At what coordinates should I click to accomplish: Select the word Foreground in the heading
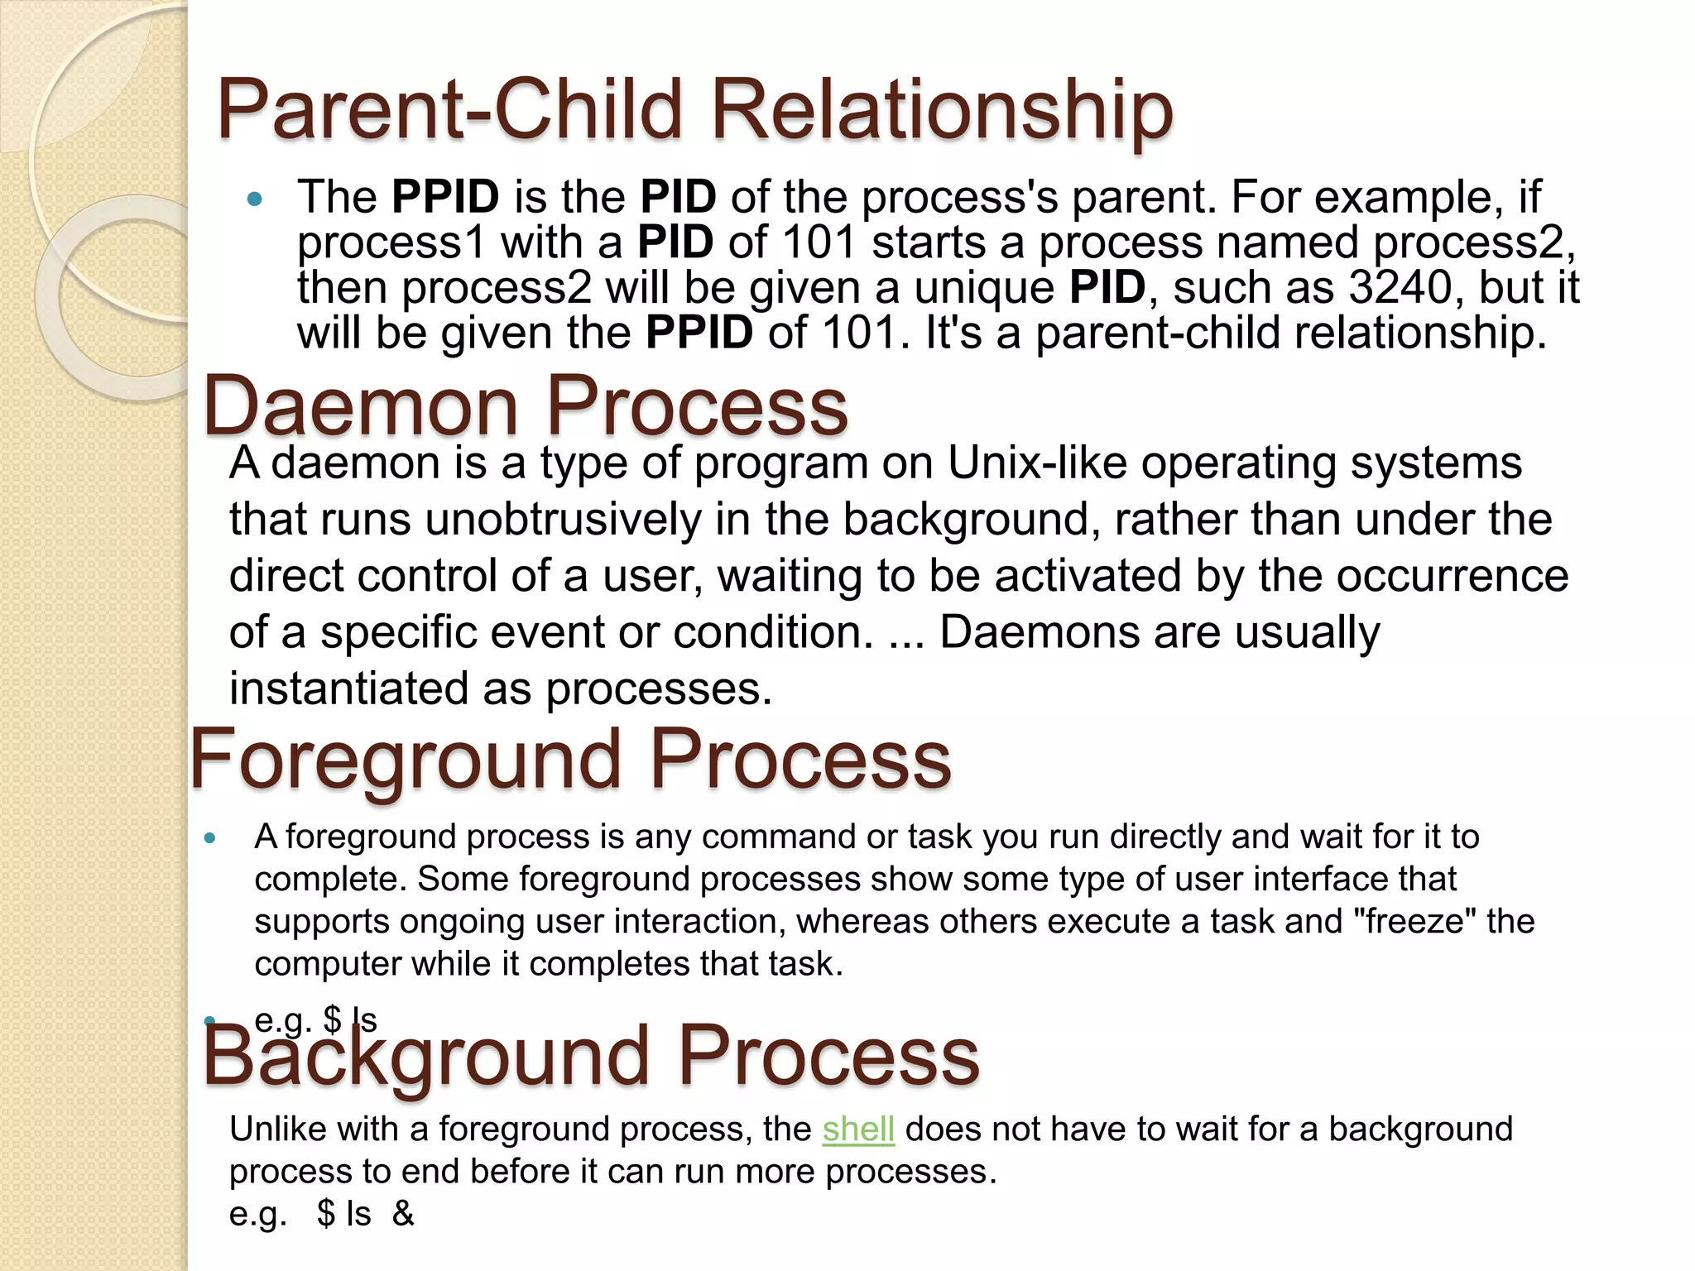click(x=406, y=760)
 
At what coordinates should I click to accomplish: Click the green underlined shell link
click(x=858, y=1129)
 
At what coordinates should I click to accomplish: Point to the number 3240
click(x=1400, y=287)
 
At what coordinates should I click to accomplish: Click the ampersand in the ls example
click(x=403, y=1213)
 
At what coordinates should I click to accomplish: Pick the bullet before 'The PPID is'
click(x=254, y=199)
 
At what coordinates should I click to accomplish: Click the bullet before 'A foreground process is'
click(x=209, y=838)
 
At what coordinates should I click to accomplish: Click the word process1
click(x=391, y=242)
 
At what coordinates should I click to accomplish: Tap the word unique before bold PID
click(x=984, y=287)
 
